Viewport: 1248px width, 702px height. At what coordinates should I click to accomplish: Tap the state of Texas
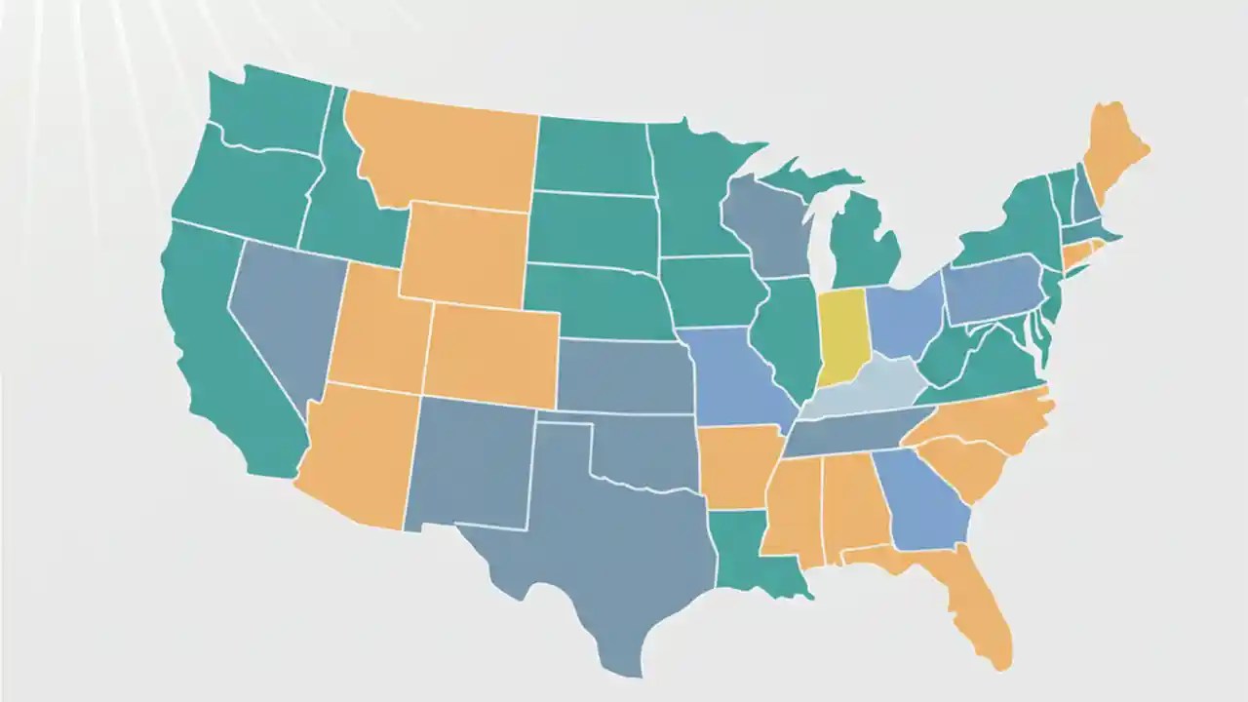[604, 546]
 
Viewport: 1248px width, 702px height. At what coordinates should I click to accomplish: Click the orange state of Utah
[375, 331]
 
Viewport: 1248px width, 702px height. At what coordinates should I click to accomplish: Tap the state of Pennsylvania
[990, 288]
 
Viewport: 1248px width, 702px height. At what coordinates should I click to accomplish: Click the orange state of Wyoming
[463, 253]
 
